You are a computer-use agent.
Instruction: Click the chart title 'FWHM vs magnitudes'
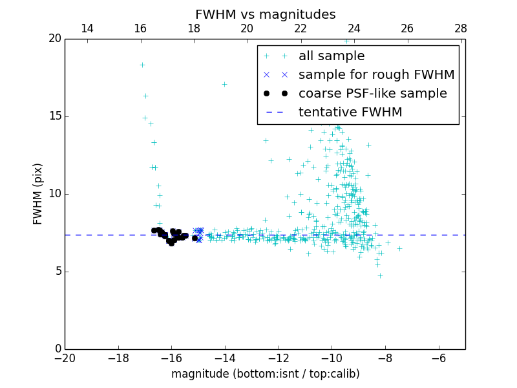coord(265,14)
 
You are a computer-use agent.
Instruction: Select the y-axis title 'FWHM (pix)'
coord(38,194)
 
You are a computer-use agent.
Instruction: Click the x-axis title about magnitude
coord(265,374)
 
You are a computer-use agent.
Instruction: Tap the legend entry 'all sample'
coord(332,56)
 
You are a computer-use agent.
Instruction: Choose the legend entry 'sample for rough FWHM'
coord(376,75)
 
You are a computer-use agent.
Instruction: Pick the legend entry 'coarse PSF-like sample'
coord(372,94)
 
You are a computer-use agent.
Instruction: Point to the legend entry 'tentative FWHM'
coord(350,113)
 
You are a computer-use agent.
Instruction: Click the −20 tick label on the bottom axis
coord(65,358)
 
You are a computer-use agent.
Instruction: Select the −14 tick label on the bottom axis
coord(224,358)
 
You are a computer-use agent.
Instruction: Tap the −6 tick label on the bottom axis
coord(438,358)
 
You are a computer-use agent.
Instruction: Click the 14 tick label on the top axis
coord(87,28)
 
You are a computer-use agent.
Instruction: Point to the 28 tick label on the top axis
coord(461,28)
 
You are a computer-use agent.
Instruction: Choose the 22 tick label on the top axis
coord(301,28)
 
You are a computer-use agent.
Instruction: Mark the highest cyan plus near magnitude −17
coord(142,65)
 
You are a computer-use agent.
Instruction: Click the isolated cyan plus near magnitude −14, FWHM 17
coord(224,84)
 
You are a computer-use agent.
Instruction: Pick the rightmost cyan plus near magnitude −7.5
coord(399,248)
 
